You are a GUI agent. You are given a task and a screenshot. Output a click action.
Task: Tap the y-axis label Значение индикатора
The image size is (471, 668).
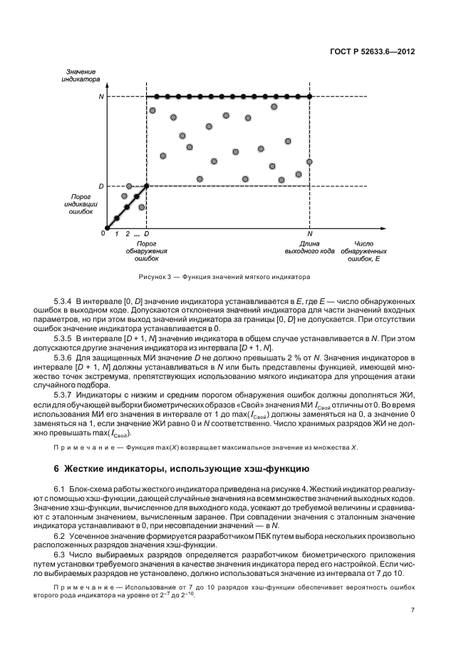coord(81,76)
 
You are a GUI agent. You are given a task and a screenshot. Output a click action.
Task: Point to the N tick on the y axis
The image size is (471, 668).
coord(100,96)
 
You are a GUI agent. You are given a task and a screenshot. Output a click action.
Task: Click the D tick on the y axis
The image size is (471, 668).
coord(100,186)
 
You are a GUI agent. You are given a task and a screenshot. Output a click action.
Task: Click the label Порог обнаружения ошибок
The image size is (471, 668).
coord(147,250)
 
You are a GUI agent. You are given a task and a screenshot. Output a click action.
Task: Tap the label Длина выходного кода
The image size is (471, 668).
coord(309,247)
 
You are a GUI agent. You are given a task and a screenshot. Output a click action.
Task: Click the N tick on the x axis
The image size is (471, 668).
coord(310,233)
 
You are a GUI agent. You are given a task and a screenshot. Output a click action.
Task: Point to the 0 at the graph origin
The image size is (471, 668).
coord(103,233)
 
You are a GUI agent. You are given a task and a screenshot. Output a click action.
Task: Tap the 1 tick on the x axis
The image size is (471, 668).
coord(117,233)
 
